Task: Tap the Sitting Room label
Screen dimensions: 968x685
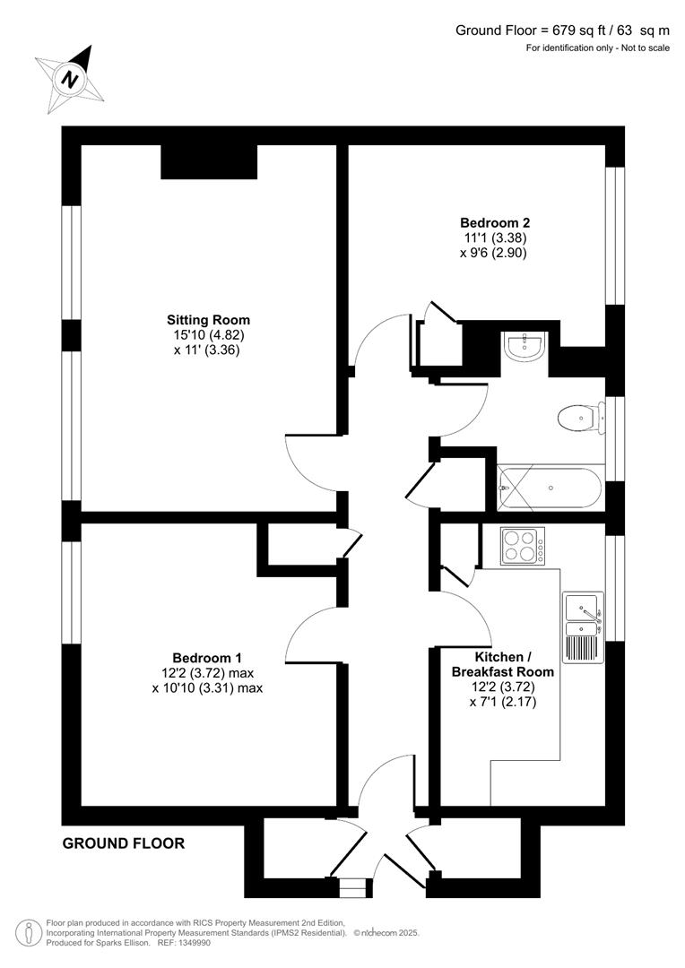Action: [208, 320]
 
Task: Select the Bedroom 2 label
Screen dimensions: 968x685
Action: [489, 222]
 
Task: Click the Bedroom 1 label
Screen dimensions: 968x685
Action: [207, 657]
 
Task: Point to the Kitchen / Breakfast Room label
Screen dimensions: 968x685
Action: [502, 664]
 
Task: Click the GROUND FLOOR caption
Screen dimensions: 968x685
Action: [124, 843]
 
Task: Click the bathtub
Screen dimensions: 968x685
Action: [550, 488]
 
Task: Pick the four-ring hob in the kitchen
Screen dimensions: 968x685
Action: [521, 545]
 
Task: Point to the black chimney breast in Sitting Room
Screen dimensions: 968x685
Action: [209, 161]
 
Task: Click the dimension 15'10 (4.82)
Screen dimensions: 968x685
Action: [207, 335]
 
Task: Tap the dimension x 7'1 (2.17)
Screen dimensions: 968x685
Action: [501, 702]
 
